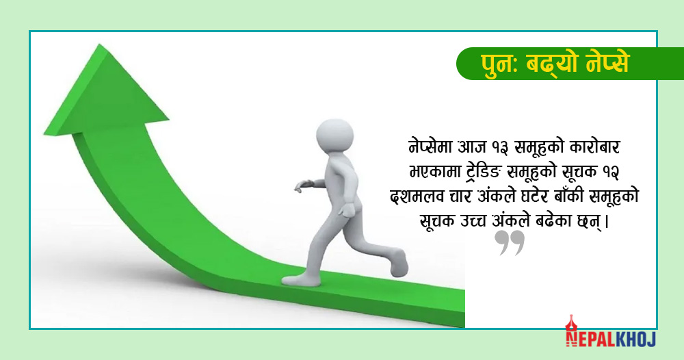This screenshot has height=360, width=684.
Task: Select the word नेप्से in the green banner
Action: point(608,63)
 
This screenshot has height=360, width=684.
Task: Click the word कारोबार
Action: point(595,146)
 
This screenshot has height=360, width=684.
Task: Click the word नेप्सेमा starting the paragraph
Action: point(430,146)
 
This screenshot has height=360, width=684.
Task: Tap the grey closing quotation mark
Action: point(510,242)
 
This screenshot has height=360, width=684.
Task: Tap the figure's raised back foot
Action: point(399,263)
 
